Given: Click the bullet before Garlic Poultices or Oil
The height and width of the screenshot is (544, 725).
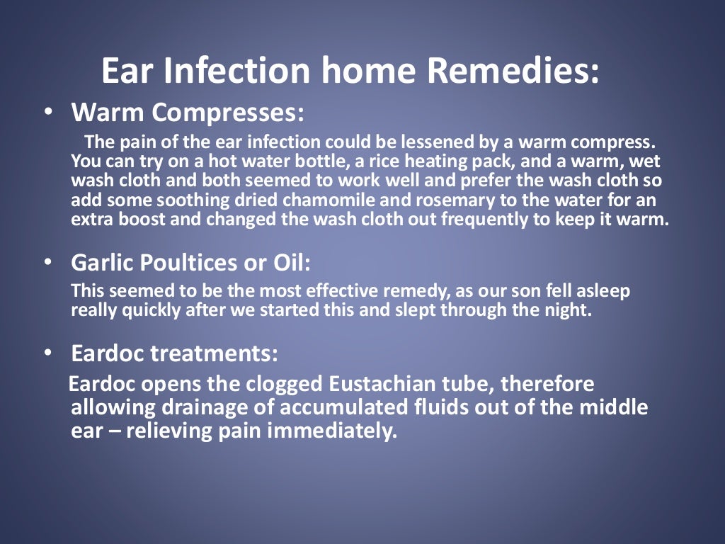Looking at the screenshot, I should click(x=47, y=262).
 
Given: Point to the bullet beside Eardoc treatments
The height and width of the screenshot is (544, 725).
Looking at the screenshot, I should click(x=47, y=352).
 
